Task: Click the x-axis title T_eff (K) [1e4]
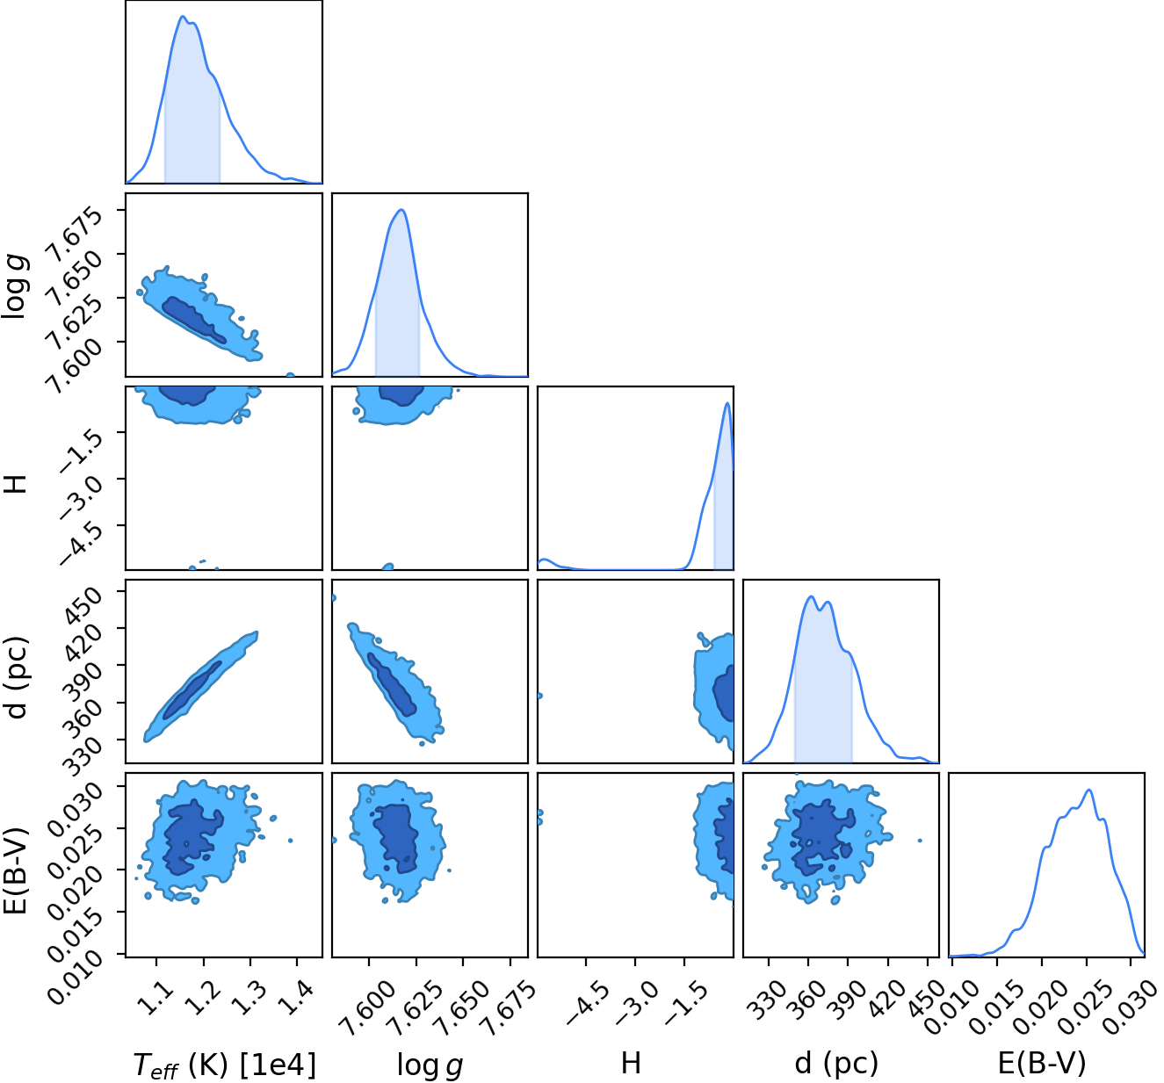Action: click(x=225, y=1064)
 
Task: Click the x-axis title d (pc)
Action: click(x=836, y=1063)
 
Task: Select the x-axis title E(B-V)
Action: click(x=1042, y=1063)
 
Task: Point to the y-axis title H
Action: click(x=17, y=484)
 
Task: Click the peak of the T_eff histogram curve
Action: click(x=183, y=17)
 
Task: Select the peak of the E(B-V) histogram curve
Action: click(x=1089, y=790)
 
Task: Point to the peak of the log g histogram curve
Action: click(x=401, y=210)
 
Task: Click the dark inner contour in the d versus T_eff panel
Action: click(x=192, y=690)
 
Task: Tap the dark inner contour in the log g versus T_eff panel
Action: click(x=193, y=320)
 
